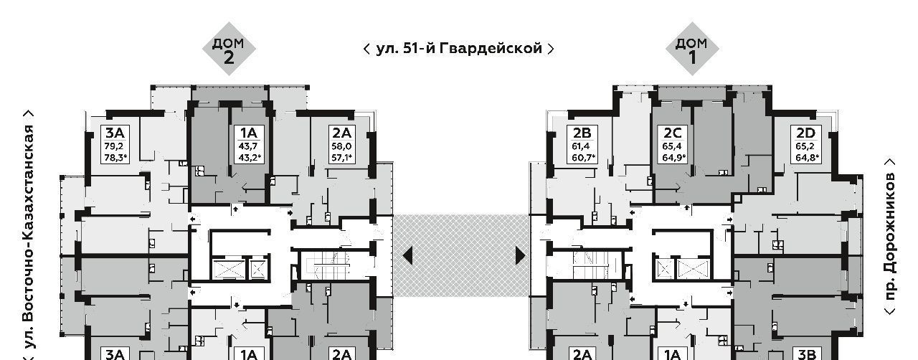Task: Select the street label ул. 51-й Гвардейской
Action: click(459, 49)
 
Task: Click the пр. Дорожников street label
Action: click(891, 237)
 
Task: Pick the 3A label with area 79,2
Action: click(115, 132)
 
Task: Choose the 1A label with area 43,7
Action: click(248, 132)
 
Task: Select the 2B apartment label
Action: click(582, 132)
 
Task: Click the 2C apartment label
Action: click(672, 132)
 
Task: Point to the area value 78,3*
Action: click(115, 158)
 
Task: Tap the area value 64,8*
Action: click(807, 158)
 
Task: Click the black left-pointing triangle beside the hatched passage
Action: click(407, 255)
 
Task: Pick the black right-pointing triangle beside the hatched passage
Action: click(520, 255)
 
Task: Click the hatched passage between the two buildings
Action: click(463, 255)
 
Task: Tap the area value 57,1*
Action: click(342, 158)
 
